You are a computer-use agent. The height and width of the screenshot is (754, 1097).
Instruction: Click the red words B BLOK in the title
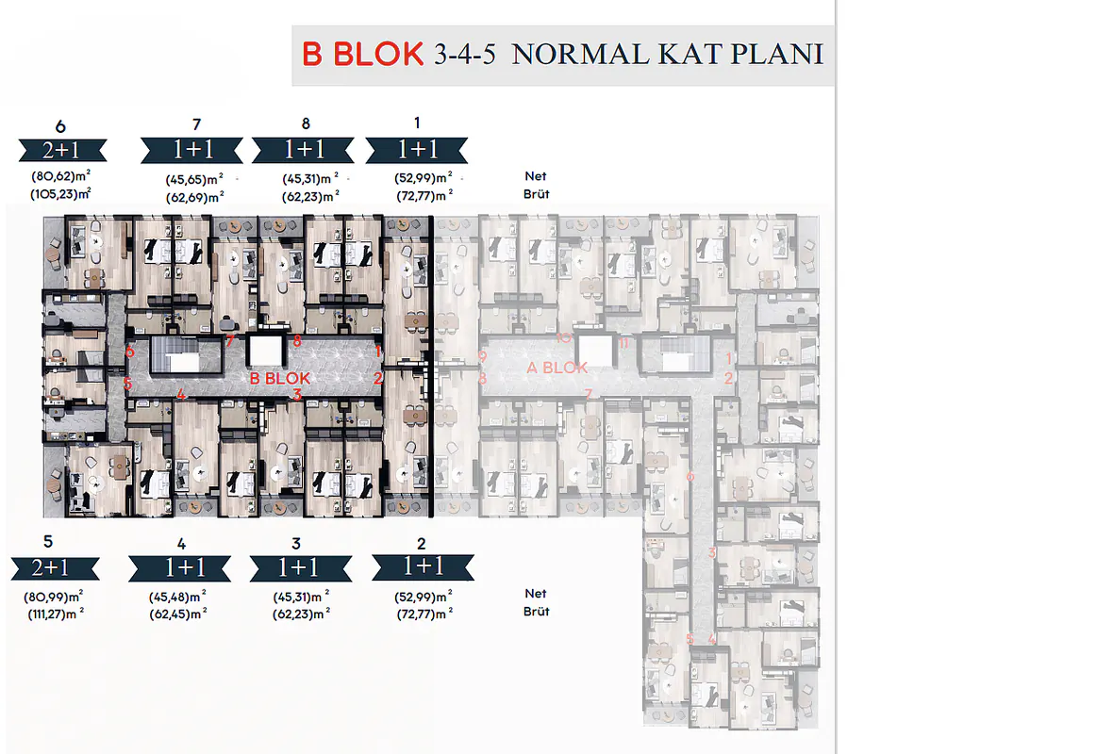click(362, 54)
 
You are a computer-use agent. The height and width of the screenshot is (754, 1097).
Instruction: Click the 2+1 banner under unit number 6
click(62, 150)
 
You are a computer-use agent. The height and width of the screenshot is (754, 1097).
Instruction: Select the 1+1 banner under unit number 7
click(191, 150)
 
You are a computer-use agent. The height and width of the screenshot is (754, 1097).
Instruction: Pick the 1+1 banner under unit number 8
click(303, 150)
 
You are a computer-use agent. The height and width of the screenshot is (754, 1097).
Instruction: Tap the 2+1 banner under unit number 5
click(55, 568)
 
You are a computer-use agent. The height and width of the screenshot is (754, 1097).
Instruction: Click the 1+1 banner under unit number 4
click(180, 568)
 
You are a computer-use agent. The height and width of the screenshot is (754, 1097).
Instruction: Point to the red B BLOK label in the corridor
click(280, 379)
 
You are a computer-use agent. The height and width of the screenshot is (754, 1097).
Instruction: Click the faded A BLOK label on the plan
click(557, 368)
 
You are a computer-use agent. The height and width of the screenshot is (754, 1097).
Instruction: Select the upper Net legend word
click(535, 176)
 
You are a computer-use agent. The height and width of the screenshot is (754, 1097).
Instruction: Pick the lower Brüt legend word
click(536, 612)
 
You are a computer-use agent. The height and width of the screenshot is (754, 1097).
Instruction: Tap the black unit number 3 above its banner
click(296, 544)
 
